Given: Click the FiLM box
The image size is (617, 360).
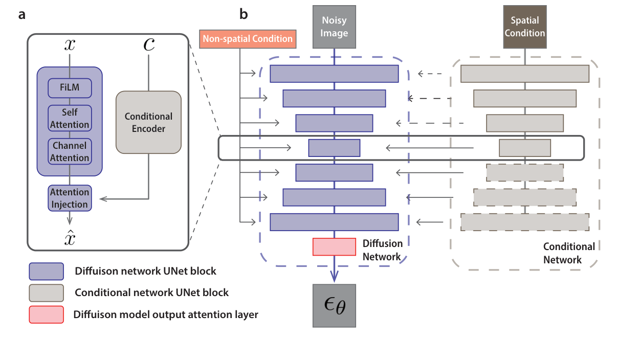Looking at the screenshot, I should [x=70, y=88].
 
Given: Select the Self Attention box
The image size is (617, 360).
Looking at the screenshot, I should [x=70, y=118].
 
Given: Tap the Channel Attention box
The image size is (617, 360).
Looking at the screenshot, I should [x=70, y=151].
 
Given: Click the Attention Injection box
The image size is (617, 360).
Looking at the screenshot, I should [x=70, y=198].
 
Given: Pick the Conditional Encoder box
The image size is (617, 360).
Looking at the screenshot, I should [x=148, y=122].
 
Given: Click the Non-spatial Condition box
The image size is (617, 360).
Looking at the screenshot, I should [x=248, y=39].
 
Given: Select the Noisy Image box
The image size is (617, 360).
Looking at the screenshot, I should [x=334, y=27].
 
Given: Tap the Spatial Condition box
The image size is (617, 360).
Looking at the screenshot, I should [x=525, y=27].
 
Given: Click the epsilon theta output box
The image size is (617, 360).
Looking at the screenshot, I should [x=334, y=305].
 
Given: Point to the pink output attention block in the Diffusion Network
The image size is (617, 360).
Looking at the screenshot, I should [x=334, y=246].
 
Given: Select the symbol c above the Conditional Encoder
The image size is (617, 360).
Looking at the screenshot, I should [x=148, y=45].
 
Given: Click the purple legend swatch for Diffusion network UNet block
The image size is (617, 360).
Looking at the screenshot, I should [x=47, y=271].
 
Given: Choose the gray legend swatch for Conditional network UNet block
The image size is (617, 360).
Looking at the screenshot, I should [x=47, y=293].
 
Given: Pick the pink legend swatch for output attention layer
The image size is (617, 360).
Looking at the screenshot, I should [x=47, y=314].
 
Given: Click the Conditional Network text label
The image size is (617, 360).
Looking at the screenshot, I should [x=568, y=253].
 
